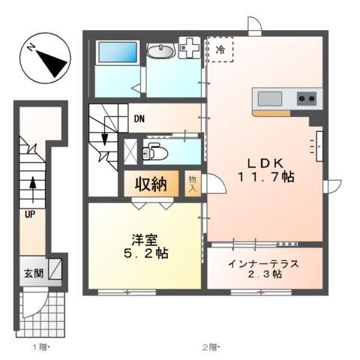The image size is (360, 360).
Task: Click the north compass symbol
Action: coord(43,59)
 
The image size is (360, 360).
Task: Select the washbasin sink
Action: coord(160,51)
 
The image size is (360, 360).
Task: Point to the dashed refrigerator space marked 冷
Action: coord(220,49)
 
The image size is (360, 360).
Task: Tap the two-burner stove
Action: coord(307,97)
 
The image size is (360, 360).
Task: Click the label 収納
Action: coord(150,184)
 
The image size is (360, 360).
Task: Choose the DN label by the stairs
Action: coord(140,118)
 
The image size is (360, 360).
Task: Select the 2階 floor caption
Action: coord(208,347)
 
